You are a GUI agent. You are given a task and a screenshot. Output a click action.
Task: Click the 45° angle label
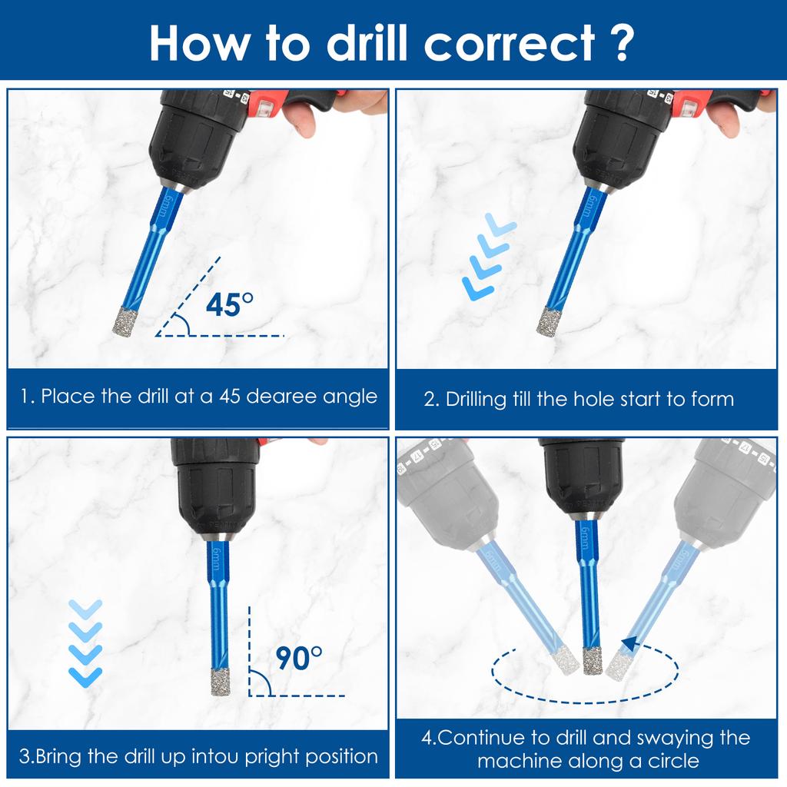click(x=229, y=304)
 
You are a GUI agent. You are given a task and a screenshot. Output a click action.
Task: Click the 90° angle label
click(x=299, y=658)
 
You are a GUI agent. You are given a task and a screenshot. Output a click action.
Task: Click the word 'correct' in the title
click(x=510, y=44)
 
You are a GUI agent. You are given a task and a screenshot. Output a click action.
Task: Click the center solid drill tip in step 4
click(x=593, y=660)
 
